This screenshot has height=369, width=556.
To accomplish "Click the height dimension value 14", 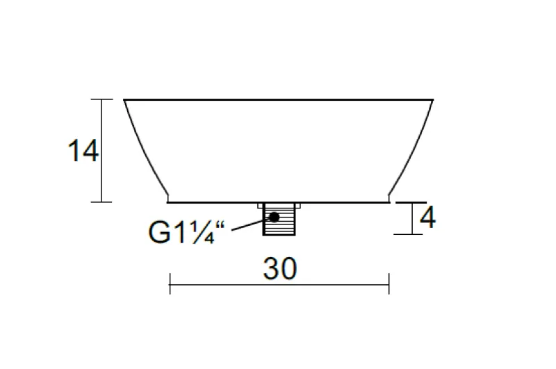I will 83,151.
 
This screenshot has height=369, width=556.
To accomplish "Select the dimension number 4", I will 427,218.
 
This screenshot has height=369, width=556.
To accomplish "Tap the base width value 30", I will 280,269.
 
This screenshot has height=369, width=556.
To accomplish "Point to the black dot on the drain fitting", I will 275,218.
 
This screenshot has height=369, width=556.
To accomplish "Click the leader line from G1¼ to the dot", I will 250,224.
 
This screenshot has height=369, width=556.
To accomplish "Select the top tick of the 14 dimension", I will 102,100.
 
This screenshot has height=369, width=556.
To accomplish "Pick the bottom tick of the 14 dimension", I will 102,202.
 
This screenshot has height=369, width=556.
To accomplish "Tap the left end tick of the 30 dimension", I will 170,284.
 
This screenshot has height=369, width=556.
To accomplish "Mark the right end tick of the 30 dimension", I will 389,284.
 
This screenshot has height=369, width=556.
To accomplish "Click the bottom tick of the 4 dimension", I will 407,234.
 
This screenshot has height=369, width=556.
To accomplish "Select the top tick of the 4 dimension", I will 407,202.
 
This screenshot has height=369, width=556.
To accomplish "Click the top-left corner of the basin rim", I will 124,100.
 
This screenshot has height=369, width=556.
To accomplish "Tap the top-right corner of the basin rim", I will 433,100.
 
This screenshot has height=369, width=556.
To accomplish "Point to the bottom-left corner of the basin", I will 169,202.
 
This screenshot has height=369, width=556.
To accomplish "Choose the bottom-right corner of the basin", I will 388,202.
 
